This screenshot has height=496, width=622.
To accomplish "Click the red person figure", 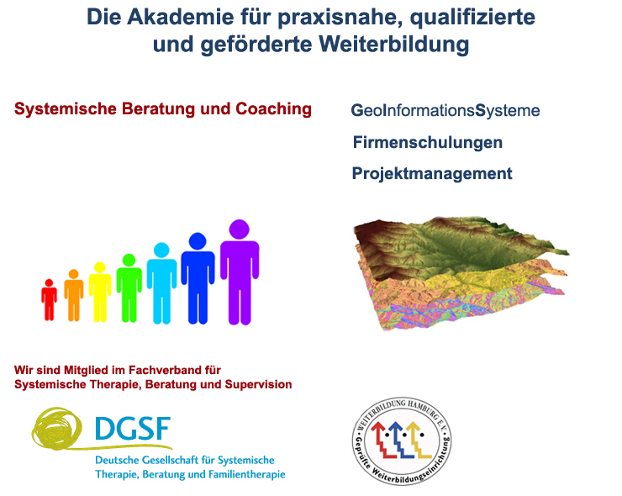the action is coord(50,300).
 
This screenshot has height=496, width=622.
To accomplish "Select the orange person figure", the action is coord(74,296).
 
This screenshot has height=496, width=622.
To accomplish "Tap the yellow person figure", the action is coord(100,293).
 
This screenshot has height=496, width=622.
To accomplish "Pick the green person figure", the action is coord(129,288).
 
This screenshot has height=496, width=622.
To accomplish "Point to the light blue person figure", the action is coord(162,283).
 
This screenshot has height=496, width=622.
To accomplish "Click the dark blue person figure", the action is coord(198,278).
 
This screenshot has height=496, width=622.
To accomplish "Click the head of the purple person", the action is coord(240,230).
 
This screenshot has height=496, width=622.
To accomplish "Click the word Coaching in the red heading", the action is coord(274,109).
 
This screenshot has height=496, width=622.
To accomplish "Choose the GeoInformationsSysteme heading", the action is coord(445,111).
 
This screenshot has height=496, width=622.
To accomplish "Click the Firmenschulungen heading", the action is coord(428,142).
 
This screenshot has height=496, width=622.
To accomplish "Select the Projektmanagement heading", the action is coord(432,173).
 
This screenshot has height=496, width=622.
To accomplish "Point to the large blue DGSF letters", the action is coord(134,429).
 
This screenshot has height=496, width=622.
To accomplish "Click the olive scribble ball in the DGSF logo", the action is coord(57,428).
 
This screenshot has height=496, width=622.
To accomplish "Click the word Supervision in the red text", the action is coord(258,384).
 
